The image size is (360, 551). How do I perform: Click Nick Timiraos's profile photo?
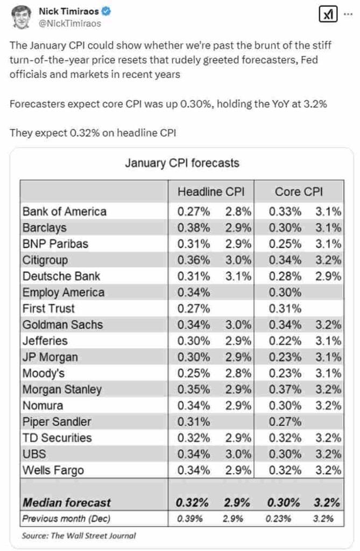[21, 17]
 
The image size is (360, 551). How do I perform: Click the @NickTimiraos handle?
[70, 24]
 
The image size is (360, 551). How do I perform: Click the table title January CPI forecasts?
[182, 163]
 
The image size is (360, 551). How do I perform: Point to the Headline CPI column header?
[211, 192]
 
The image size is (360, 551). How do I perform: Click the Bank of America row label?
[65, 211]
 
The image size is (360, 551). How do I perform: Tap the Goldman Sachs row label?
[62, 324]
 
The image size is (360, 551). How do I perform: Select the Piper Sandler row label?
[57, 422]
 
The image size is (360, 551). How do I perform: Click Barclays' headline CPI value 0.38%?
[194, 228]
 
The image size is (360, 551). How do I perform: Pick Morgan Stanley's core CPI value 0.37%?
[285, 390]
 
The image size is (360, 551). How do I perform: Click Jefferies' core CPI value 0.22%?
[285, 341]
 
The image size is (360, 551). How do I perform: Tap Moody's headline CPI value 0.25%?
[194, 373]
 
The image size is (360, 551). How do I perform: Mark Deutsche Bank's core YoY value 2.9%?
[328, 276]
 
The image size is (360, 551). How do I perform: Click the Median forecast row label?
[66, 503]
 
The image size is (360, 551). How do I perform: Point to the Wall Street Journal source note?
[79, 535]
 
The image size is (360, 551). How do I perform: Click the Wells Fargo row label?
[53, 470]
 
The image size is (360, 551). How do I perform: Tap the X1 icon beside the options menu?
[327, 15]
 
